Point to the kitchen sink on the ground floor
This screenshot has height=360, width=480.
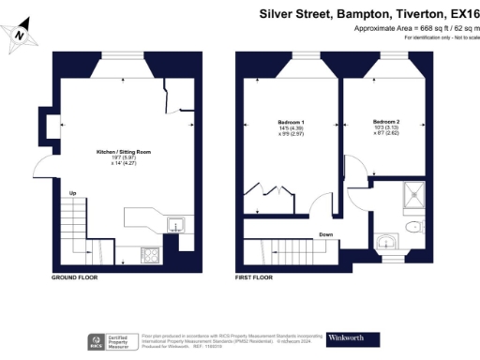point(174,225)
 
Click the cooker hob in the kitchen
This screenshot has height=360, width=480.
point(149,253)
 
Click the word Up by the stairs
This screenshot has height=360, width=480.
point(71,194)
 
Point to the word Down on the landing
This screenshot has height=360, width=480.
point(325,234)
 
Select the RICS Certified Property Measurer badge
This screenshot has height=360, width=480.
point(109,340)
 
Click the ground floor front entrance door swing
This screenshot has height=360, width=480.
point(45,168)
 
